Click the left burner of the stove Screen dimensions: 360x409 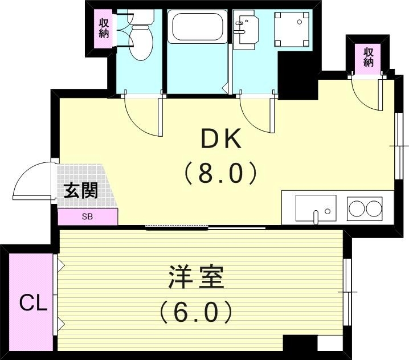(x=356, y=208)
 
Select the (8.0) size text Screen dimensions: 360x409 (x=220, y=173)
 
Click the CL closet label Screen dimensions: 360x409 (x=32, y=304)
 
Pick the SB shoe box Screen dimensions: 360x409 (x=88, y=216)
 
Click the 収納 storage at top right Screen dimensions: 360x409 (x=369, y=56)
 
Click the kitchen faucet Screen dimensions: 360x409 (x=316, y=216)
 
